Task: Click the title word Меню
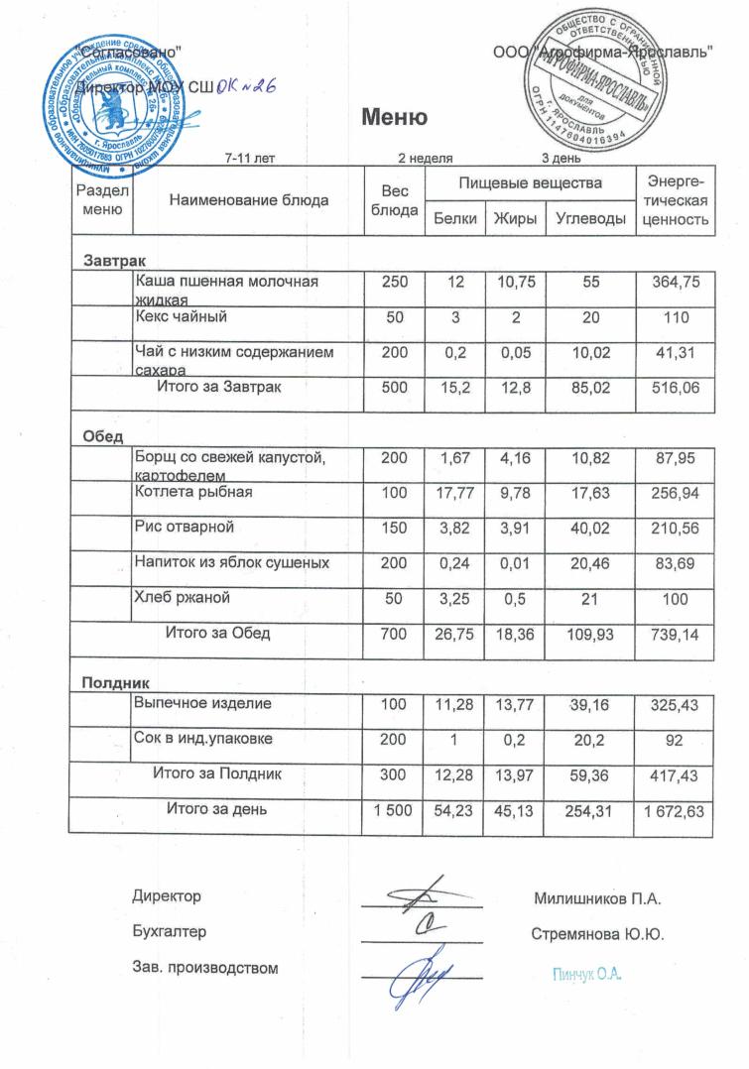point(394,119)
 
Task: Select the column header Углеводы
point(590,219)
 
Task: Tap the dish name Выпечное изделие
point(203,703)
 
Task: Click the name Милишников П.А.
point(597,899)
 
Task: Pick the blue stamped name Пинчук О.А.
point(586,976)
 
